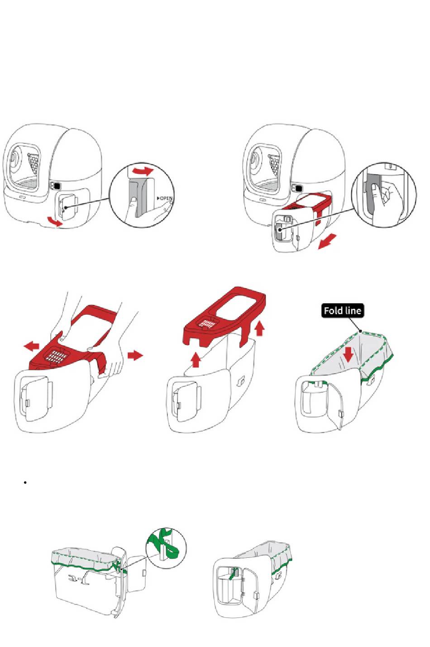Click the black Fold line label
click(x=342, y=311)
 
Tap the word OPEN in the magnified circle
click(x=165, y=198)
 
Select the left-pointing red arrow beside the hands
click(x=32, y=347)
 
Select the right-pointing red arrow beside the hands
click(x=135, y=355)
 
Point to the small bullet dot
click(x=24, y=483)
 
